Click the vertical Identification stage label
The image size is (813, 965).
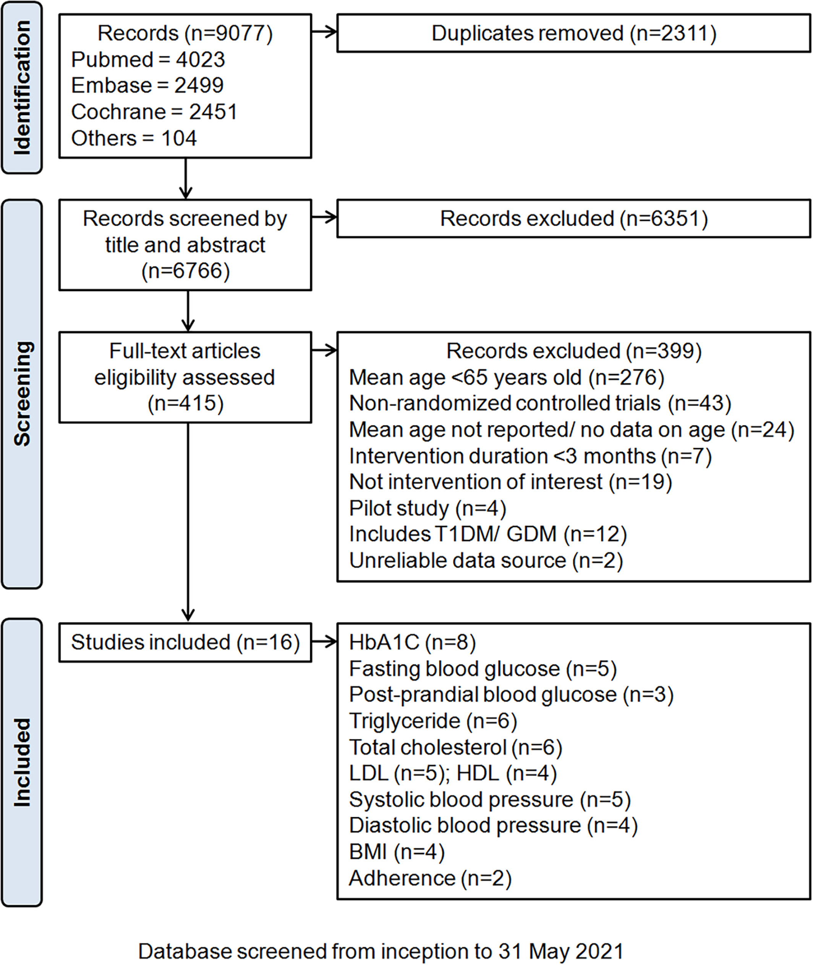click(22, 87)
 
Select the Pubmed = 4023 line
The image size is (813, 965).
click(148, 60)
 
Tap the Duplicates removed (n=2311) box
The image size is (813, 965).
click(573, 33)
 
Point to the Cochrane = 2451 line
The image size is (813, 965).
click(154, 112)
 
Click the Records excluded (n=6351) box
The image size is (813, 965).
click(573, 219)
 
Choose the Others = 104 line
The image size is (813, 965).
click(134, 138)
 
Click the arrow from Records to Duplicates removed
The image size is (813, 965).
click(324, 32)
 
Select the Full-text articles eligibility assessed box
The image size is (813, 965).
click(185, 377)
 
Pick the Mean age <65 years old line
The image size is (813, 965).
click(507, 377)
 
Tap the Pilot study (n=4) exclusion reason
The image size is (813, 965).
click(428, 508)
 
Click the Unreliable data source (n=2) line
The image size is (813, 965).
click(486, 560)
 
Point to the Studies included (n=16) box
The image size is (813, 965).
click(185, 643)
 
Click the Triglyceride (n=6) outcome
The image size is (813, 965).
click(433, 721)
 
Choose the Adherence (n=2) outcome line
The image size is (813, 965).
click(431, 878)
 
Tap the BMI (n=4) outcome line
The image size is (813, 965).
click(397, 852)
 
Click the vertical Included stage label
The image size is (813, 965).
click(22, 763)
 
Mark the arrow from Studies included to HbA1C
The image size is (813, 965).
click(324, 641)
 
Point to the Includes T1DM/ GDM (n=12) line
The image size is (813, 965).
click(488, 534)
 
